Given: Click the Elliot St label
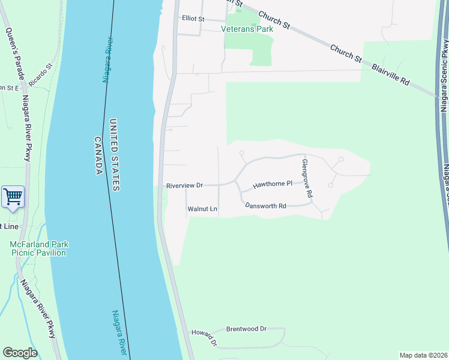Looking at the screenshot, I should [x=193, y=19].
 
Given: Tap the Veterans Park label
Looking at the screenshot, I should [x=247, y=29].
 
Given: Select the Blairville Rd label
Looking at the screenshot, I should [x=391, y=70].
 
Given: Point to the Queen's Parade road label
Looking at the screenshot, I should [x=14, y=53].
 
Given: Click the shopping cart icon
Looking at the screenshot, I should [x=13, y=196].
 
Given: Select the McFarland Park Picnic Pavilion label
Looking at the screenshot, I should [x=38, y=248].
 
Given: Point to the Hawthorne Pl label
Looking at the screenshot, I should [x=272, y=184].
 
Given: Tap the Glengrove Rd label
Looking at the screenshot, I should [x=307, y=178].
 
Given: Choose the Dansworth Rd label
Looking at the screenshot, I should [x=265, y=206].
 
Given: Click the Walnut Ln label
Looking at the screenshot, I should [x=202, y=209].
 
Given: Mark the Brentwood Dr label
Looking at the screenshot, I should [x=246, y=329].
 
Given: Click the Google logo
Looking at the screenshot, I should [x=20, y=353].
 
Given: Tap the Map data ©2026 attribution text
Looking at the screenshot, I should [x=423, y=355].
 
